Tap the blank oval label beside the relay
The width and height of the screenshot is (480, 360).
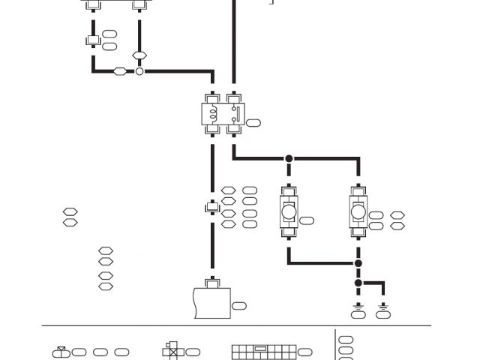click(x=254, y=123)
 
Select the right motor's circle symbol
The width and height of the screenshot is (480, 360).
click(x=358, y=212)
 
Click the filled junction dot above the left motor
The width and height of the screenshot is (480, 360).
click(x=289, y=159)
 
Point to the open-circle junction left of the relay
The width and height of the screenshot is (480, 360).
click(x=139, y=71)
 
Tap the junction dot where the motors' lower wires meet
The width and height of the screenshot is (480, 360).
click(x=358, y=263)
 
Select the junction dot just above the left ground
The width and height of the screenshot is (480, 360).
click(x=358, y=283)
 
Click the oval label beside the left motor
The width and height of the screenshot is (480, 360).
click(x=307, y=220)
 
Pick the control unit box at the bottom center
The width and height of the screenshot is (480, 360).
click(x=212, y=303)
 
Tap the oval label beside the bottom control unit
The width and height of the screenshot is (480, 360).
click(x=239, y=305)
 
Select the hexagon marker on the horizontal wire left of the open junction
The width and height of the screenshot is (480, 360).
click(x=120, y=71)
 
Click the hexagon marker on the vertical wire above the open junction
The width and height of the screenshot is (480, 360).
click(x=139, y=55)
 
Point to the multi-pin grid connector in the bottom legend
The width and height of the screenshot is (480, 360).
click(x=262, y=351)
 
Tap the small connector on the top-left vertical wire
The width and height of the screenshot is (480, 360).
click(x=93, y=40)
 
